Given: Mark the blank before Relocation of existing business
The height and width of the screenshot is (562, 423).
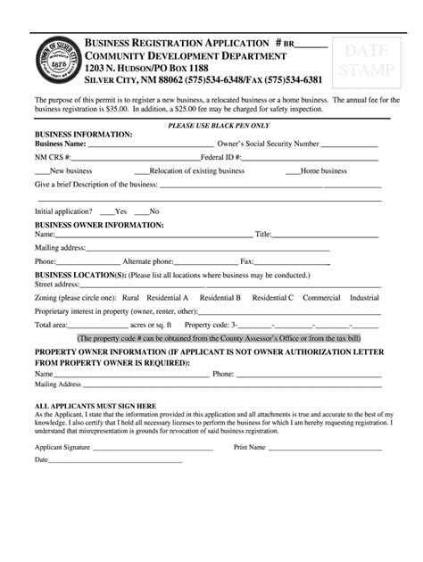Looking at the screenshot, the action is pos(141,171).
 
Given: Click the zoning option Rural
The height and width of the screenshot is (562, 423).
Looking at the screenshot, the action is pos(130,297).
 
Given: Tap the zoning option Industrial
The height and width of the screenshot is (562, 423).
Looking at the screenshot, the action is pos(365,297).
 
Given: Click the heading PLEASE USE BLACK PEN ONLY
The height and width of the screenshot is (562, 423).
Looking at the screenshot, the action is pos(211,126).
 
